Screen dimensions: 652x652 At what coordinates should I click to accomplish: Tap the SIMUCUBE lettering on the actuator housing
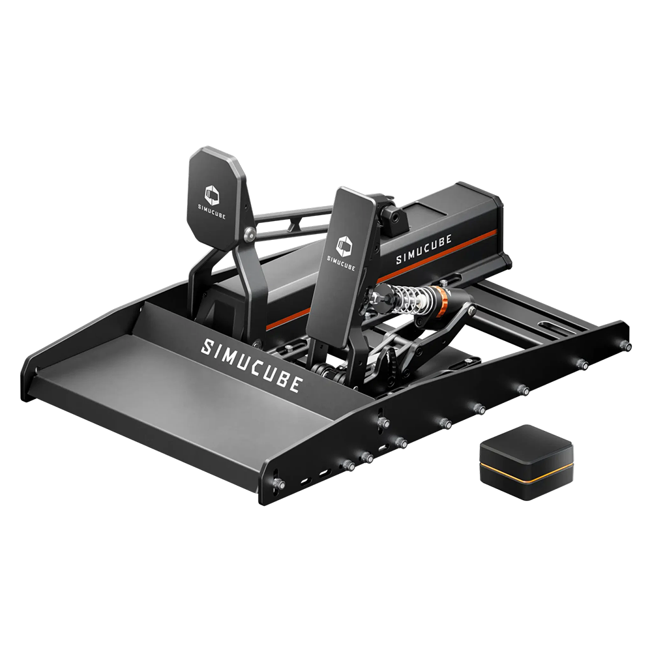coord(426,252)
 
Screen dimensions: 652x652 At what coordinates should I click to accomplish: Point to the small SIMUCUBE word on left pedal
coord(213,212)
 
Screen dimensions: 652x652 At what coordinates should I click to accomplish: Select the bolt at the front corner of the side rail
coord(279,484)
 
